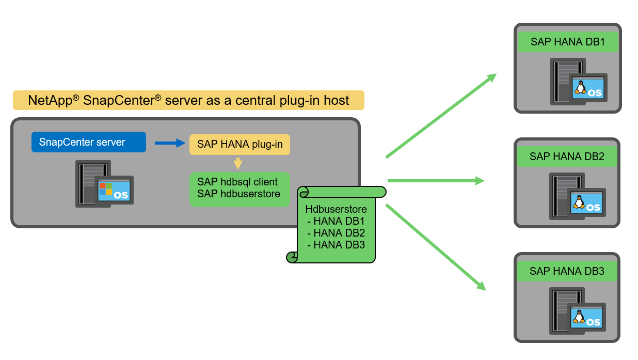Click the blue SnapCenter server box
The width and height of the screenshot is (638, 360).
(x=88, y=142)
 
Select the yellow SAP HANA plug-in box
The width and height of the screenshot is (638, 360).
(x=240, y=145)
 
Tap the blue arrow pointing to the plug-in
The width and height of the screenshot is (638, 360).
(x=170, y=143)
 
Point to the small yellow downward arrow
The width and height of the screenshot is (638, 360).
(x=238, y=164)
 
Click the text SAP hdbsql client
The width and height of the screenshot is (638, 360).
(x=237, y=182)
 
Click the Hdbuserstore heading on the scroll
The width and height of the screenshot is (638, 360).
(x=336, y=210)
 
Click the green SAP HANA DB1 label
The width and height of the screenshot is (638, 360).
(x=567, y=42)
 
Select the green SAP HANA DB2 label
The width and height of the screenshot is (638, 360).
(x=567, y=156)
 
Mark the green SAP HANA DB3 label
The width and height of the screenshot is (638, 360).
(x=567, y=271)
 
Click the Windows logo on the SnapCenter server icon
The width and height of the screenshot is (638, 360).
(x=106, y=189)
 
